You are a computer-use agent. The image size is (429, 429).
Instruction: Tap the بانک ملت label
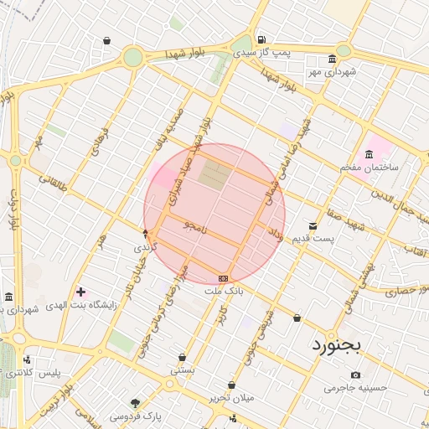point(224,291)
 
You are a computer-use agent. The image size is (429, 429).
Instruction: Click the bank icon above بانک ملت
point(223,277)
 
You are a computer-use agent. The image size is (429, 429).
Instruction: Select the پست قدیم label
point(313,240)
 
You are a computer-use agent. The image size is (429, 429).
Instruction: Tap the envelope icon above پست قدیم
point(313,226)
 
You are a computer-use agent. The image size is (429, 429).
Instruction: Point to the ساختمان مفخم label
point(369,168)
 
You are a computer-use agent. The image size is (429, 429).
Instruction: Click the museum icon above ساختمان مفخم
point(370,154)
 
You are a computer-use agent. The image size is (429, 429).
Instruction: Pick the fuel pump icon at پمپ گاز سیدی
point(261,39)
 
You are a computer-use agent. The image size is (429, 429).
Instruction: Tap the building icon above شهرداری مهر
point(333,59)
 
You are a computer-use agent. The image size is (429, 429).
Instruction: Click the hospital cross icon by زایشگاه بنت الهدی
point(80,292)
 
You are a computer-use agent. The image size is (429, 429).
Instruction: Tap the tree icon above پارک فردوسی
point(135,403)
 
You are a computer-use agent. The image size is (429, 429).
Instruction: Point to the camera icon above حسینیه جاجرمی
point(356,375)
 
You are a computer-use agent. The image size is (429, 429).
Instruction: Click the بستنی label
point(183,370)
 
